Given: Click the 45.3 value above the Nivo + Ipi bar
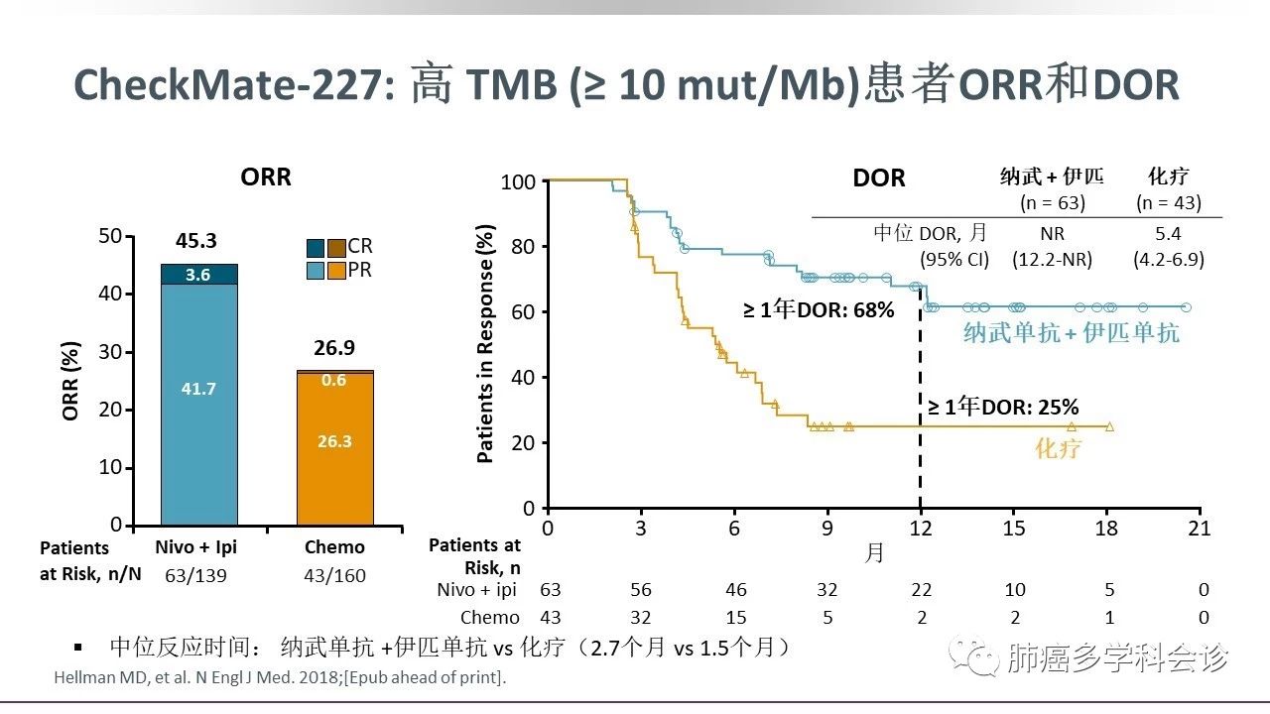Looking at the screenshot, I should click(x=196, y=241).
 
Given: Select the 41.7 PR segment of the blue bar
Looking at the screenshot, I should click(x=198, y=389).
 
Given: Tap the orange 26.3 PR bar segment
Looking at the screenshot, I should click(x=334, y=441).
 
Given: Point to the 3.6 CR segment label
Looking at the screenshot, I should click(x=198, y=275).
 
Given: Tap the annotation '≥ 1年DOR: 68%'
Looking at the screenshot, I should click(x=819, y=310).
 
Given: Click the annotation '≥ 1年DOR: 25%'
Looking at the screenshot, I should click(x=1003, y=407).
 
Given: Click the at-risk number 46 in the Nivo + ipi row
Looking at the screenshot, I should click(x=735, y=590).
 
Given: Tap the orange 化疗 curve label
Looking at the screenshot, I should click(x=1058, y=449).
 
